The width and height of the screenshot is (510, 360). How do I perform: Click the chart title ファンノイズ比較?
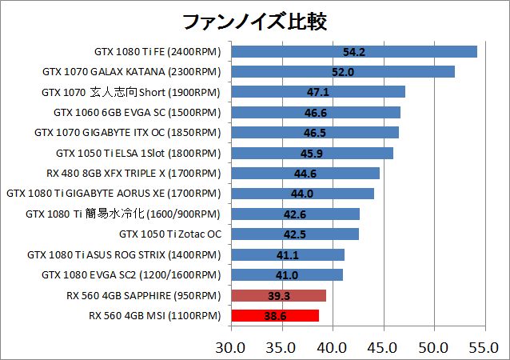254,20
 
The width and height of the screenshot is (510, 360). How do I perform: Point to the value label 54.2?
353,52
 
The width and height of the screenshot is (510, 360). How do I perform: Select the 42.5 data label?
295,234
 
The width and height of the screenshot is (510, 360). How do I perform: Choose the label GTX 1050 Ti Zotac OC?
169,234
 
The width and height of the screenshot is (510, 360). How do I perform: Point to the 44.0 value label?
302,194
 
